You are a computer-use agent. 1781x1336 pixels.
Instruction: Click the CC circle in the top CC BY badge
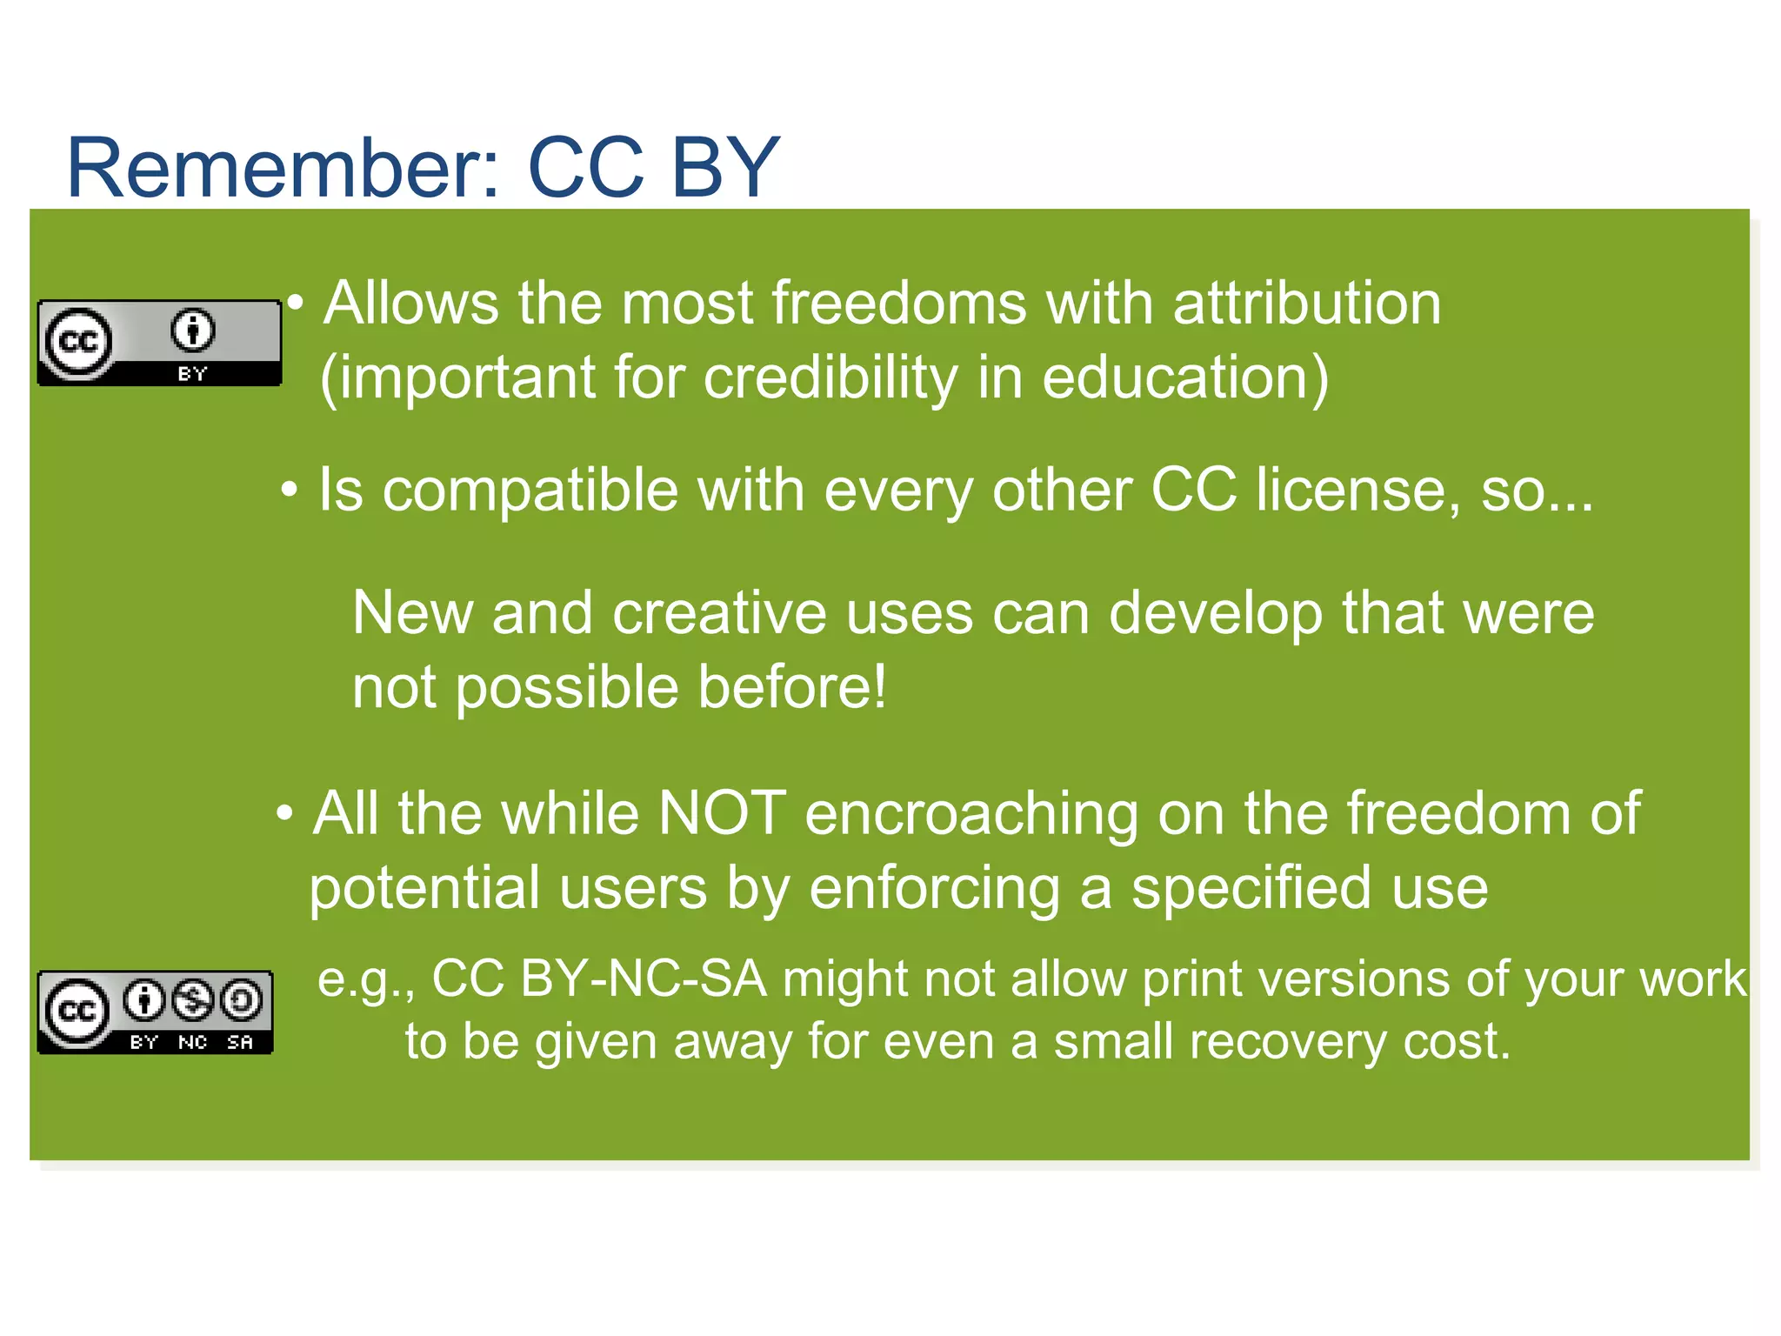pos(78,342)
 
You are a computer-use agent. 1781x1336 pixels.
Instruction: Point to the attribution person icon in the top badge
pos(192,331)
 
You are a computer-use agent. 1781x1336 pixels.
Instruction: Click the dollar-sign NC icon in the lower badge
pos(192,1000)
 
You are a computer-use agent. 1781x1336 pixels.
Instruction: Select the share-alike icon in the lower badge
pos(241,1000)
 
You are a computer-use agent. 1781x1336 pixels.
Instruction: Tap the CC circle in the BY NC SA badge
pos(77,1011)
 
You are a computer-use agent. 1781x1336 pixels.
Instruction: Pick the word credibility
pos(830,378)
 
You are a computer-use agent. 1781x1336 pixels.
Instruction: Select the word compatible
pos(530,491)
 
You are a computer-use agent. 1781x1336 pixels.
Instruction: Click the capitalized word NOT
pos(722,814)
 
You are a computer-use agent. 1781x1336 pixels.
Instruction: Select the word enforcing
pos(934,889)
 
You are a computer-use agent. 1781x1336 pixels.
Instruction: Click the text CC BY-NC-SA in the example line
pos(599,979)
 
